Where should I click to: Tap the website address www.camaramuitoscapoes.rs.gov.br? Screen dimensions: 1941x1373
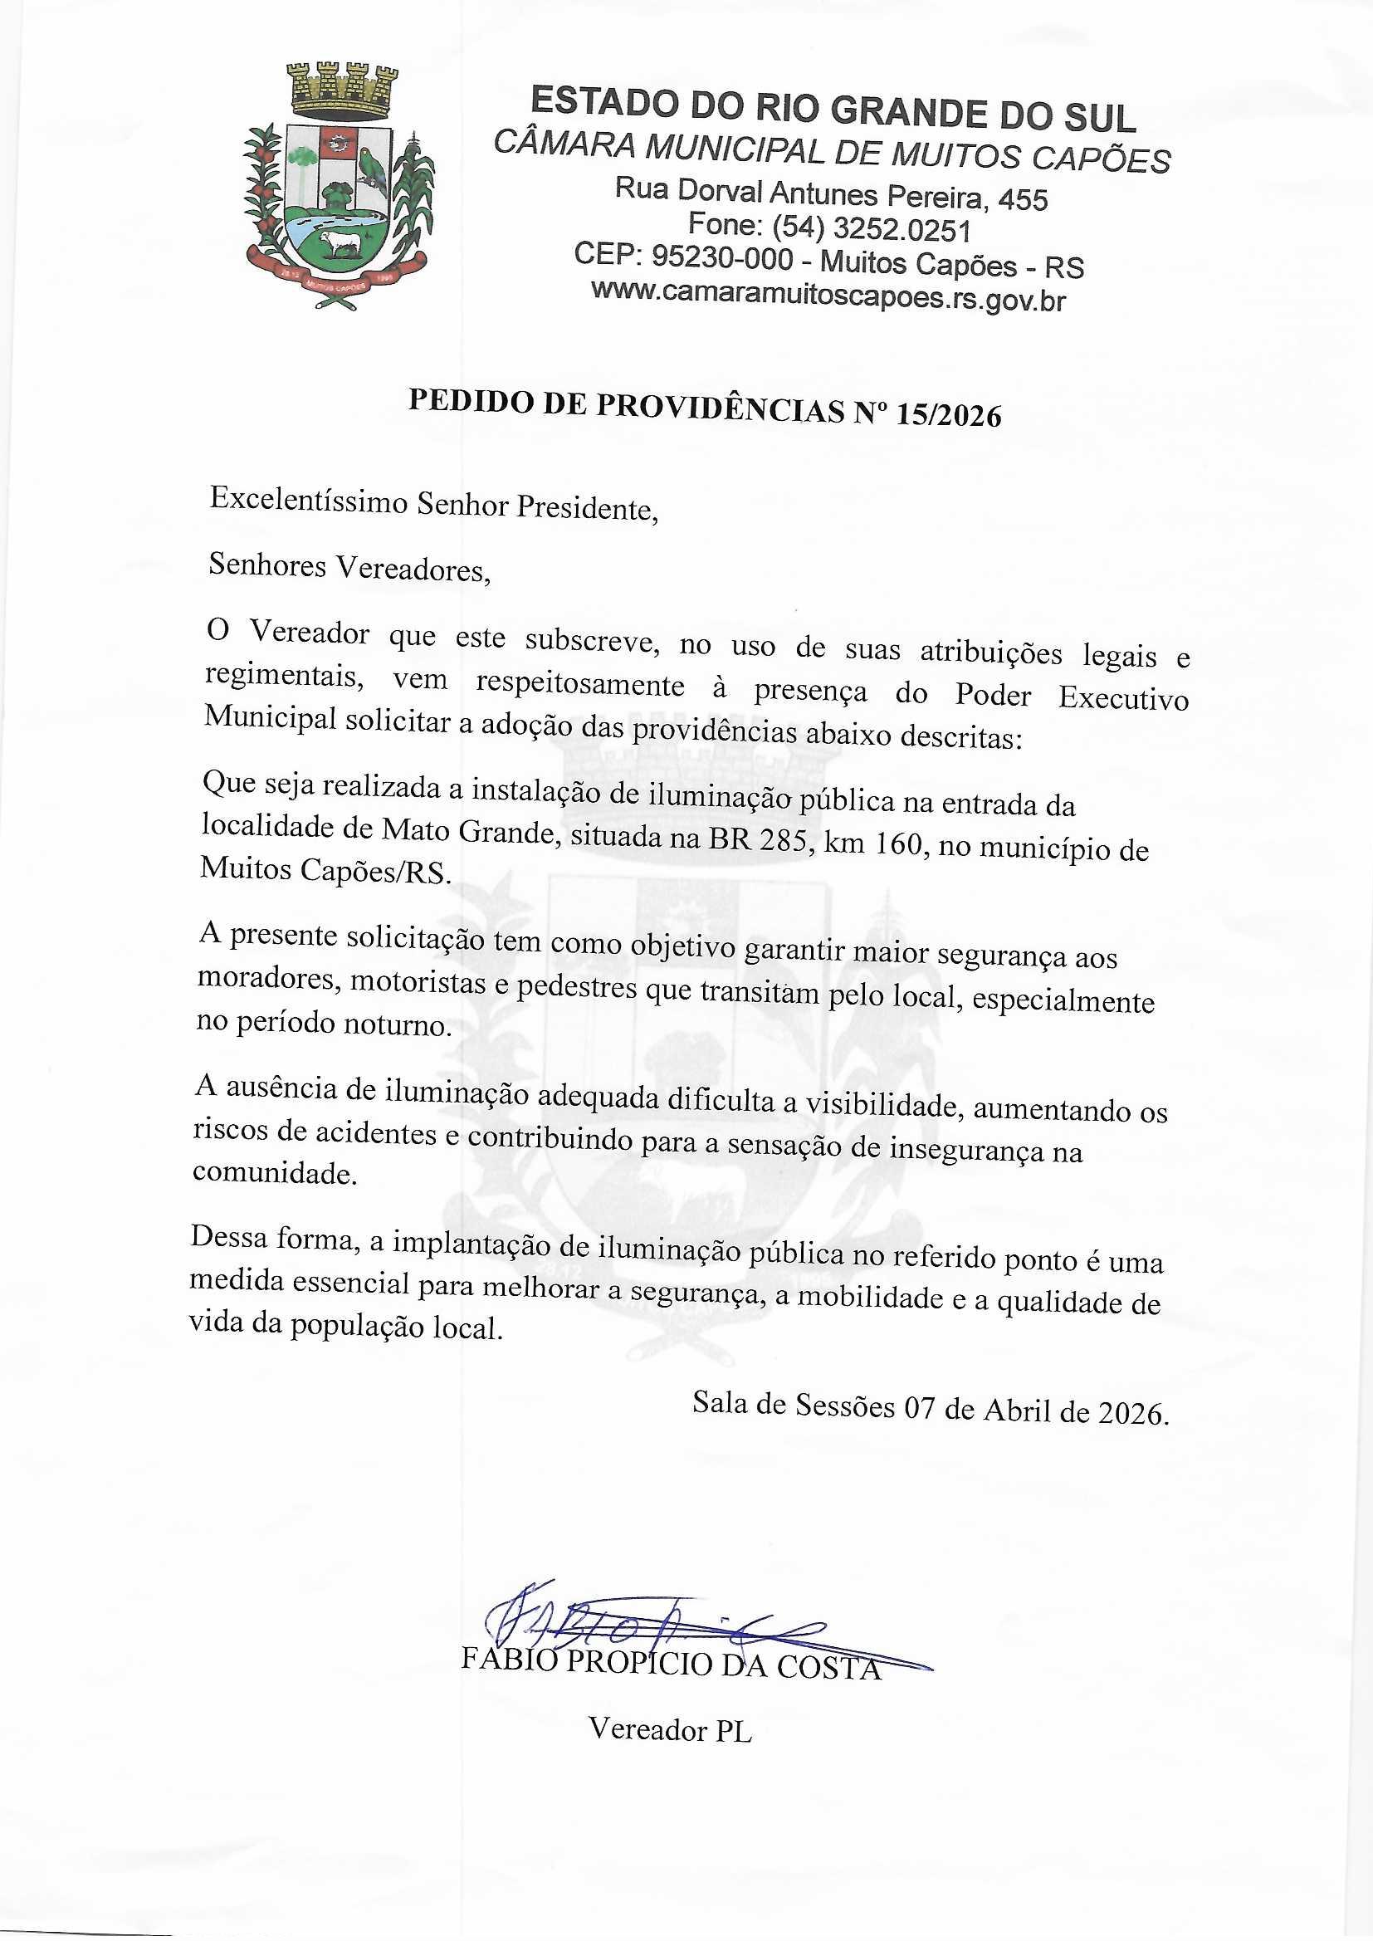pyautogui.click(x=828, y=296)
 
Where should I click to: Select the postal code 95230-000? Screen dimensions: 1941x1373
pyautogui.click(x=723, y=258)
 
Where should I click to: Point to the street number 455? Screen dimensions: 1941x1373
pyautogui.click(x=1023, y=199)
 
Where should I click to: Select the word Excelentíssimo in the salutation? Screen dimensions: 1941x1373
pyautogui.click(x=309, y=501)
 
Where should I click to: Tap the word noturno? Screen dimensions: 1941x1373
pyautogui.click(x=398, y=1024)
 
